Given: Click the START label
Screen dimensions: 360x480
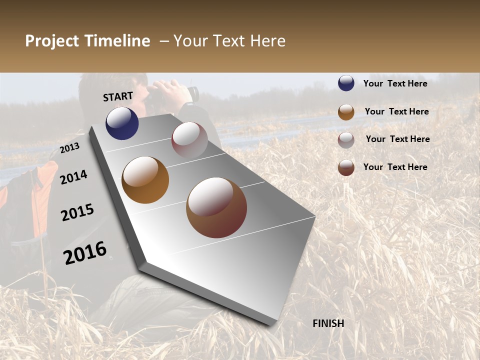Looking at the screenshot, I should (x=118, y=96).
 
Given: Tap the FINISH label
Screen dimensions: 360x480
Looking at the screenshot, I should (x=328, y=323).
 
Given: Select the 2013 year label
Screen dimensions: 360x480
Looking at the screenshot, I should (x=69, y=148).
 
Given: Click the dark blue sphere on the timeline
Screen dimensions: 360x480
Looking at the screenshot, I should (x=122, y=123).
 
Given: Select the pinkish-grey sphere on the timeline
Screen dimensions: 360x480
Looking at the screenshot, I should (x=189, y=140).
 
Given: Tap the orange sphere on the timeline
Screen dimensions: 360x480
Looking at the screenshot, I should (x=145, y=180).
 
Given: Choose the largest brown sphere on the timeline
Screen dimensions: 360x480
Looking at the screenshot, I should (x=216, y=207).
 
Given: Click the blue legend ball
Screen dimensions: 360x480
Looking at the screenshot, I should (x=346, y=83).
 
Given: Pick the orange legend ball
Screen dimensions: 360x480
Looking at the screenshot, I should (x=346, y=112).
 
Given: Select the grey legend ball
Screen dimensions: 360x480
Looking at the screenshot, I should (x=346, y=140).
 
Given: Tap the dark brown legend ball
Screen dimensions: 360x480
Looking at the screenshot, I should (x=346, y=167).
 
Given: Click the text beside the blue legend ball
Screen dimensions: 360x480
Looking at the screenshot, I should (x=395, y=83).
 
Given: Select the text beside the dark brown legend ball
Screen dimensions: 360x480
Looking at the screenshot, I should (x=395, y=167).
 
